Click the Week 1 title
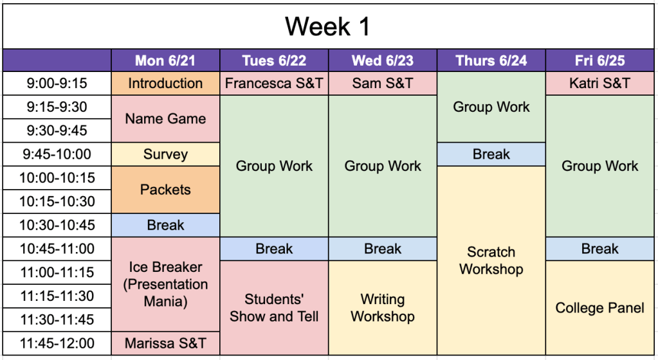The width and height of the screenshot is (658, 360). (328, 26)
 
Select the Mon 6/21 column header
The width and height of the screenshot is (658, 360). (165, 60)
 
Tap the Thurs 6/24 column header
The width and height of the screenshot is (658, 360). (491, 60)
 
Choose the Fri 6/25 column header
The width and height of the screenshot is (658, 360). (599, 60)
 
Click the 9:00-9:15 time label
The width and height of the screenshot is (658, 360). (57, 83)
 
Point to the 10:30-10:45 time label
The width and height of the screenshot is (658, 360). (57, 225)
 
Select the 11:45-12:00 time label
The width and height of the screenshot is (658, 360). (57, 343)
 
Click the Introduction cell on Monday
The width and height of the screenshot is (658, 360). (165, 83)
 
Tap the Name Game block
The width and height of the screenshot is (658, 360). (165, 119)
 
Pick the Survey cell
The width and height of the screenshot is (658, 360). (165, 154)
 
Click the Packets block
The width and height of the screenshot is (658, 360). (165, 190)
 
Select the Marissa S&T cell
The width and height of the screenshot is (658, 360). (165, 343)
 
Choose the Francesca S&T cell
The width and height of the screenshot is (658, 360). (274, 83)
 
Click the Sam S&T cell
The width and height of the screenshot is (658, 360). (383, 83)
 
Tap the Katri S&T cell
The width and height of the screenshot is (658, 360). (599, 83)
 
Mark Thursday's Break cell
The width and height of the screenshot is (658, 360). (491, 154)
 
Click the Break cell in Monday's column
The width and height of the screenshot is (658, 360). (165, 225)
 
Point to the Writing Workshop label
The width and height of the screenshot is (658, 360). (383, 307)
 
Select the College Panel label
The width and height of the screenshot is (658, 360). (599, 308)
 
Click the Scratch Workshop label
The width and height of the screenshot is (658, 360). (491, 260)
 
